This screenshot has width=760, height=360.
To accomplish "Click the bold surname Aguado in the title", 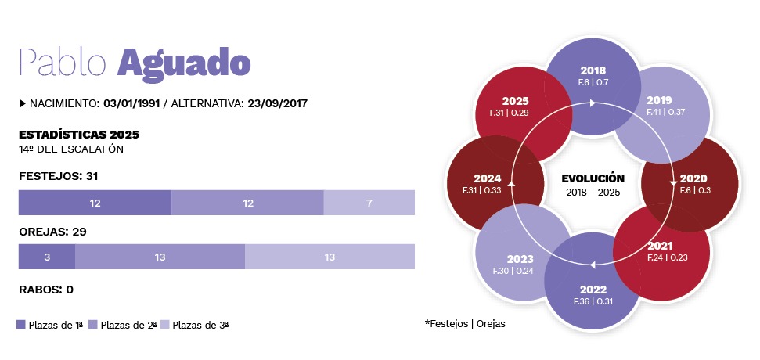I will (x=184, y=61).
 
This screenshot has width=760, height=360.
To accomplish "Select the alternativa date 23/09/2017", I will (x=280, y=103).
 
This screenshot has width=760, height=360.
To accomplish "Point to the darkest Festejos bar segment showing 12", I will (x=95, y=203).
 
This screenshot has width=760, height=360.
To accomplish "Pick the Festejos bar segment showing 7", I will (x=369, y=203).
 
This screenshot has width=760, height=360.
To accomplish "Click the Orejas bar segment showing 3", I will (x=46, y=257).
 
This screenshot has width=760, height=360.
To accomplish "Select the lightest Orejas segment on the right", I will (x=330, y=257).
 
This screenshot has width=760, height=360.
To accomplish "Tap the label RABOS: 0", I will (x=46, y=290).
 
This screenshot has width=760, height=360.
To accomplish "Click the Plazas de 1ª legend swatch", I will (x=21, y=324).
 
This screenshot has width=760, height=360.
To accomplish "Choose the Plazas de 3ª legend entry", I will (x=200, y=324).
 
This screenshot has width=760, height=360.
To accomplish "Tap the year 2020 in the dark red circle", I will (x=693, y=178).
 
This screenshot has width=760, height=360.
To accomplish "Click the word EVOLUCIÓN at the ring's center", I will (x=593, y=178).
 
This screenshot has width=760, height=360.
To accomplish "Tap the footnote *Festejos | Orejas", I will (x=465, y=323).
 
